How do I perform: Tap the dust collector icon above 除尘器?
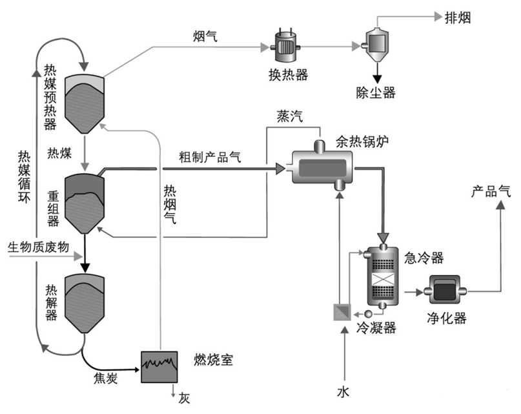tap(374, 44)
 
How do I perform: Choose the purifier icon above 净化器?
tap(445, 292)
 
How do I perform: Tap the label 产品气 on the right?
tap(490, 192)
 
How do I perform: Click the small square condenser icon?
tap(341, 313)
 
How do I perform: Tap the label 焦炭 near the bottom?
tap(104, 379)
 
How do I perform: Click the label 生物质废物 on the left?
tap(38, 247)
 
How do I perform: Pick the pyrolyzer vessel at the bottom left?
tap(85, 304)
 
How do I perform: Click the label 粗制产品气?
tap(210, 157)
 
